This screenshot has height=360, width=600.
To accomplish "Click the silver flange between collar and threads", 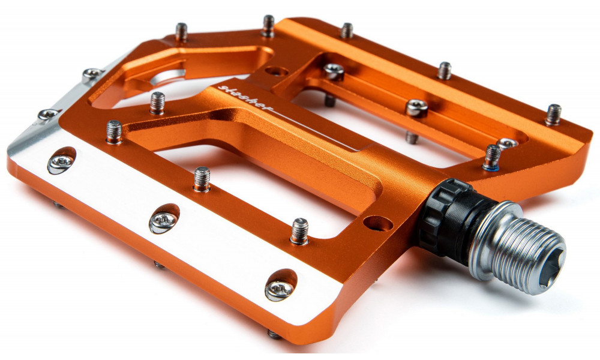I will tap(486, 234).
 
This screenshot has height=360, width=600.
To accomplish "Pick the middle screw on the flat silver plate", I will tap(163, 220).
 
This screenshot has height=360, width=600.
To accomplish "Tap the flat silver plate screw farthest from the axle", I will tap(61, 161).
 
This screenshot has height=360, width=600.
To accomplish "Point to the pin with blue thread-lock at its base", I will tap(492, 157).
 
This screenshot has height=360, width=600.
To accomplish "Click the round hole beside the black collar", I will tap(377, 223).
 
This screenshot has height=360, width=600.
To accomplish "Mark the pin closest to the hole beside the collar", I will tap(299, 231).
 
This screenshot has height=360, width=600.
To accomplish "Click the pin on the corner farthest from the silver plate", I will tap(553, 115).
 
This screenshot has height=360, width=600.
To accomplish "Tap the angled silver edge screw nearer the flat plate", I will tap(49, 113).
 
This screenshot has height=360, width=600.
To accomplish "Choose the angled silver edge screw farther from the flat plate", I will tap(93, 74).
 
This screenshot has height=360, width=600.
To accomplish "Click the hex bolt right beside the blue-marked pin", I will tap(507, 143).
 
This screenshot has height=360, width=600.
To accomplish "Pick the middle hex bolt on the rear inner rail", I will tap(416, 108).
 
